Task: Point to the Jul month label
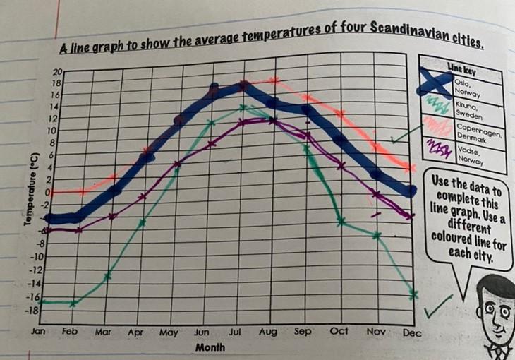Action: click(x=235, y=331)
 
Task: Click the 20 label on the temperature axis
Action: click(x=57, y=72)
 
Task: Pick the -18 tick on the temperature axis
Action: click(x=33, y=309)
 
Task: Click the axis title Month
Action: click(x=210, y=347)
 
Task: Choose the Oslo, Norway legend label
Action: click(x=468, y=88)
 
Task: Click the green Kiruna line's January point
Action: click(x=42, y=302)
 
